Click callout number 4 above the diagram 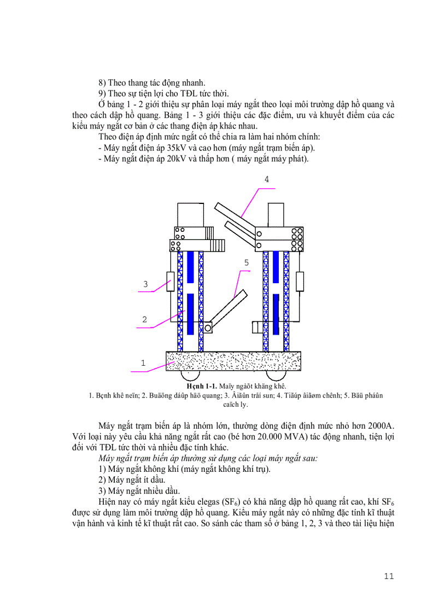(266, 179)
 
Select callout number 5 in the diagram (247, 263)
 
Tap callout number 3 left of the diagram (145, 284)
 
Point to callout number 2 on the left (144, 319)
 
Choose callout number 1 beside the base (143, 362)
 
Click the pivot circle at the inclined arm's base (208, 328)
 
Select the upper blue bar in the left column (190, 266)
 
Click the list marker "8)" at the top (102, 83)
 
